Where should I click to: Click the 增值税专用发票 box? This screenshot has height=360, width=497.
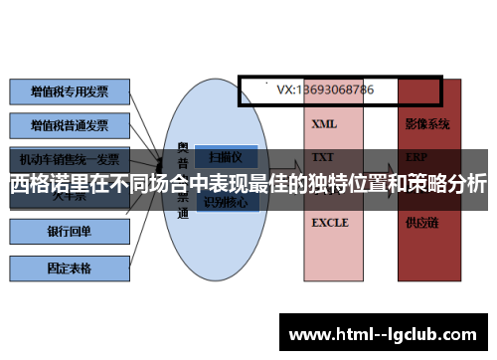(70, 92)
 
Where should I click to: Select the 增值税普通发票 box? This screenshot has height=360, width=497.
(70, 125)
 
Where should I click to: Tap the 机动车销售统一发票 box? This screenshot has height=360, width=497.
(70, 158)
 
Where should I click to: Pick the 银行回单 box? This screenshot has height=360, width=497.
(70, 232)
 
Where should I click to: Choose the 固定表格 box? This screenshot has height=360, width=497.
(70, 268)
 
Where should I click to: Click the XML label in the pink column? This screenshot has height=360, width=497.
(324, 125)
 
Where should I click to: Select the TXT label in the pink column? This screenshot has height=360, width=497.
(323, 157)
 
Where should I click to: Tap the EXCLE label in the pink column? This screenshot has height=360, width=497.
(330, 223)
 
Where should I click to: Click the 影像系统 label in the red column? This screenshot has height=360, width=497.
(427, 125)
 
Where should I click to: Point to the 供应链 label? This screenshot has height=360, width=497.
(421, 223)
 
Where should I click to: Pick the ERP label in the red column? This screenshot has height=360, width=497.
(416, 157)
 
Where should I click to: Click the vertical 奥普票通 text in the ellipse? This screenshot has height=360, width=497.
(183, 179)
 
